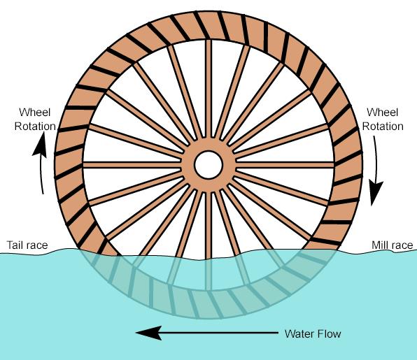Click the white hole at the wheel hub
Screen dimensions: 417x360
(208, 165)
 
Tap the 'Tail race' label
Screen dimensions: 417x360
(27, 245)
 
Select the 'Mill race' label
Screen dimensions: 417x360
(393, 245)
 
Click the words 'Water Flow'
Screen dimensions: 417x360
(313, 333)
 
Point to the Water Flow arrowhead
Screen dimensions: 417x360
(149, 333)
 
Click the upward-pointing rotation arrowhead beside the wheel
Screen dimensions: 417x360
(40, 144)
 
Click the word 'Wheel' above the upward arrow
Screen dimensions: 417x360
(34, 112)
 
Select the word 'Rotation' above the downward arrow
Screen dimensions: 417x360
(383, 127)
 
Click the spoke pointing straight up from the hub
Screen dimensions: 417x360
(208, 89)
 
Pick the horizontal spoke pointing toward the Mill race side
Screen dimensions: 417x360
(285, 165)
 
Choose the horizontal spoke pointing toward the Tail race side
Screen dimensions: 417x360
(132, 165)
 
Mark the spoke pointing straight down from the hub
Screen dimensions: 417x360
(208, 225)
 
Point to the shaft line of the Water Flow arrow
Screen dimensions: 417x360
(218, 333)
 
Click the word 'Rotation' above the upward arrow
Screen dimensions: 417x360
(35, 127)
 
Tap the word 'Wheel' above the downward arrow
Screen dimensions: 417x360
(383, 112)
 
